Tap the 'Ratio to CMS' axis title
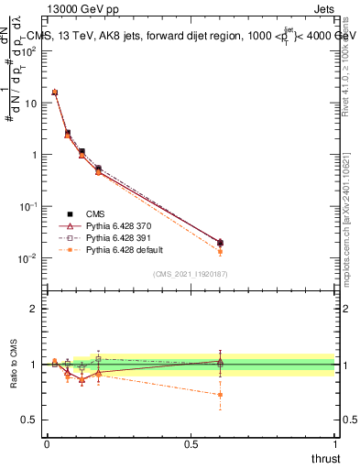coord(14,365)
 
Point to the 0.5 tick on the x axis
coord(191,442)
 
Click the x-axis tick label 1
coord(335,442)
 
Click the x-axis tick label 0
coord(47,442)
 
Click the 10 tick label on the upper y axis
coord(30,104)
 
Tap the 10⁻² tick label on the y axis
coord(27,258)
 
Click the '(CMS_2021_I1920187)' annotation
coord(191,273)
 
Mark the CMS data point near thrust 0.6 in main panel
coord(220,243)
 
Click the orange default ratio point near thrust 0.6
coord(220,395)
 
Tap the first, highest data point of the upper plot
coord(55,93)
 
